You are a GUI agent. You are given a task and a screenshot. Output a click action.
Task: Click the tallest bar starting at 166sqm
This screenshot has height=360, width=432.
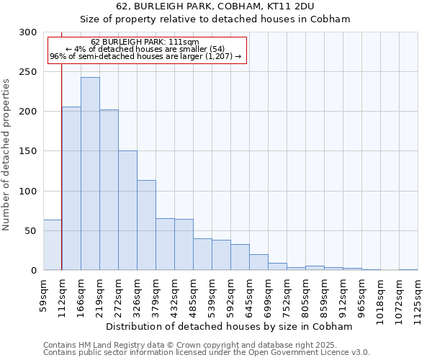coord(90,174)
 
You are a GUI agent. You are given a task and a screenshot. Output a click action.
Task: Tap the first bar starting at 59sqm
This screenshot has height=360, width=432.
coord(53,245)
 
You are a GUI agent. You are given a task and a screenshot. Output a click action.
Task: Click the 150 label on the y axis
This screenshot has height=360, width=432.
coord(28,151)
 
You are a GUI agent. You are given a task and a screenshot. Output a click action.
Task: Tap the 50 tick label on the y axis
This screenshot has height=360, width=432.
coord(31,231)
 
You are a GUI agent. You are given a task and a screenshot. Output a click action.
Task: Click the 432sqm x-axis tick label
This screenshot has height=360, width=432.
coord(175,294)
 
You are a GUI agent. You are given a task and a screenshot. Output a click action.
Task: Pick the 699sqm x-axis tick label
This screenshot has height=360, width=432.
coord(269,294)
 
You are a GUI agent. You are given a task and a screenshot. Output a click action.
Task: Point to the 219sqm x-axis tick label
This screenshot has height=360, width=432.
coord(100,294)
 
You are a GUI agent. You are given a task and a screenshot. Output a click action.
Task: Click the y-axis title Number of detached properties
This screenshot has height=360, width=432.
coord(7,155)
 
